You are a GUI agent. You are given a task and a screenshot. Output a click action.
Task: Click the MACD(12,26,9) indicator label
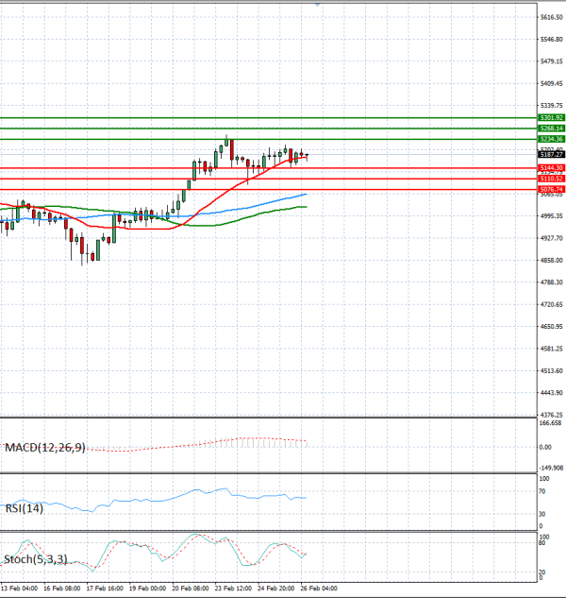pos(44,447)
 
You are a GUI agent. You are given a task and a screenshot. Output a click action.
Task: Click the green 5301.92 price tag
pos(551,118)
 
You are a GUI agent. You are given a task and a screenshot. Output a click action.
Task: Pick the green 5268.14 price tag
pos(551,128)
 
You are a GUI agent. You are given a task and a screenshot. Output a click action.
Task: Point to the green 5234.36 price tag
pos(551,139)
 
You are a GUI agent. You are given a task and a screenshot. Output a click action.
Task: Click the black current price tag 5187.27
pos(551,154)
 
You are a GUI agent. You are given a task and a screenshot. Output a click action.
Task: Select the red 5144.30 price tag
pos(551,167)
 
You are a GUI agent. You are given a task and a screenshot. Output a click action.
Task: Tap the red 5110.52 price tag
pos(551,179)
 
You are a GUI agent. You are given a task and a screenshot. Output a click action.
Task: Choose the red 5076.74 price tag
pos(551,189)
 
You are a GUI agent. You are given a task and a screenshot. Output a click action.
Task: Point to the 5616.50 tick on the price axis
pos(553,17)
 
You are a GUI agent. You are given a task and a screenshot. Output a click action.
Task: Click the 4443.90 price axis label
pos(553,393)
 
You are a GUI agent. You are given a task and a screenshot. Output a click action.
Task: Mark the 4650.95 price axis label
pos(553,327)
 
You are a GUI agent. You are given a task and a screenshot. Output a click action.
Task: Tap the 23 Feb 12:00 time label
pos(232,588)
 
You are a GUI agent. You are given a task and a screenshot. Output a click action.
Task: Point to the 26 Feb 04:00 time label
pos(318,588)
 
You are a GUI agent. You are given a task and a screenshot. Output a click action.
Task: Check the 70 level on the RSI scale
pos(543,491)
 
